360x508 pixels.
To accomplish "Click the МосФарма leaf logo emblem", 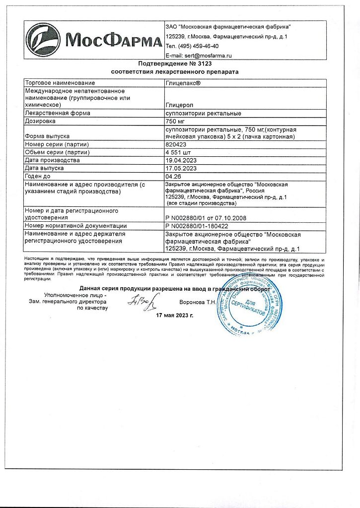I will [x=44, y=40].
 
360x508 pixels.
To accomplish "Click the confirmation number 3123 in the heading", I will [x=198, y=64].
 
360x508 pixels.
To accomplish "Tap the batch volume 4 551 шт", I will [x=178, y=152].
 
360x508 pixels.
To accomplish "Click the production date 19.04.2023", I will [x=181, y=160].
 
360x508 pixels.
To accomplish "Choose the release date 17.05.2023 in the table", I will [x=181, y=168].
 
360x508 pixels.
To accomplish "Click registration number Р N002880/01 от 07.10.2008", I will [x=206, y=218].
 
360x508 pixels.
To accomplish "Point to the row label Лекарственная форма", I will [x=58, y=113].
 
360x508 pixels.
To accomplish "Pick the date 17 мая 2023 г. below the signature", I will [x=175, y=315].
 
